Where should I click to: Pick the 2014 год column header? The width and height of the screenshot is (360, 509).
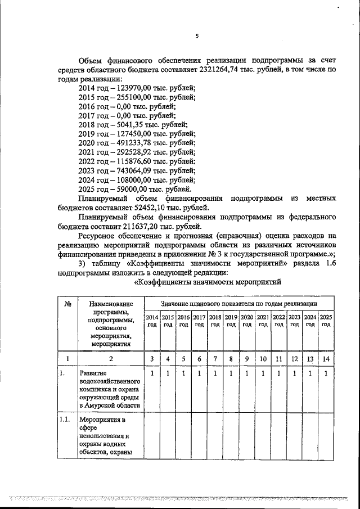coord(152,321)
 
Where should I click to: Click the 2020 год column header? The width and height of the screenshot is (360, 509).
coord(246,321)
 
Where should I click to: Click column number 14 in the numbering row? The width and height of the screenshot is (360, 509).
coord(326,358)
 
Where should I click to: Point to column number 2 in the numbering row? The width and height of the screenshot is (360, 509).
coord(111,359)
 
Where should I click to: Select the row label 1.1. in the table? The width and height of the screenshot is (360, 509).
coord(65,420)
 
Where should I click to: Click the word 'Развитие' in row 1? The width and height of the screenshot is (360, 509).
coord(93,373)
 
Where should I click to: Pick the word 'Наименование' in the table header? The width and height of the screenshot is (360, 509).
coord(111,304)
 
